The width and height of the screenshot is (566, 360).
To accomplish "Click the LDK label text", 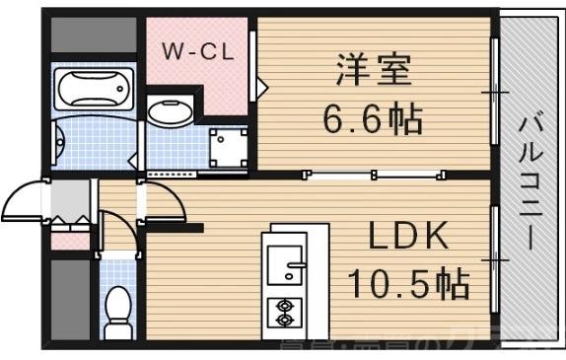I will point(408,238).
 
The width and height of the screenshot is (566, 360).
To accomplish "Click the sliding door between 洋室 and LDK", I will point(373,176).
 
